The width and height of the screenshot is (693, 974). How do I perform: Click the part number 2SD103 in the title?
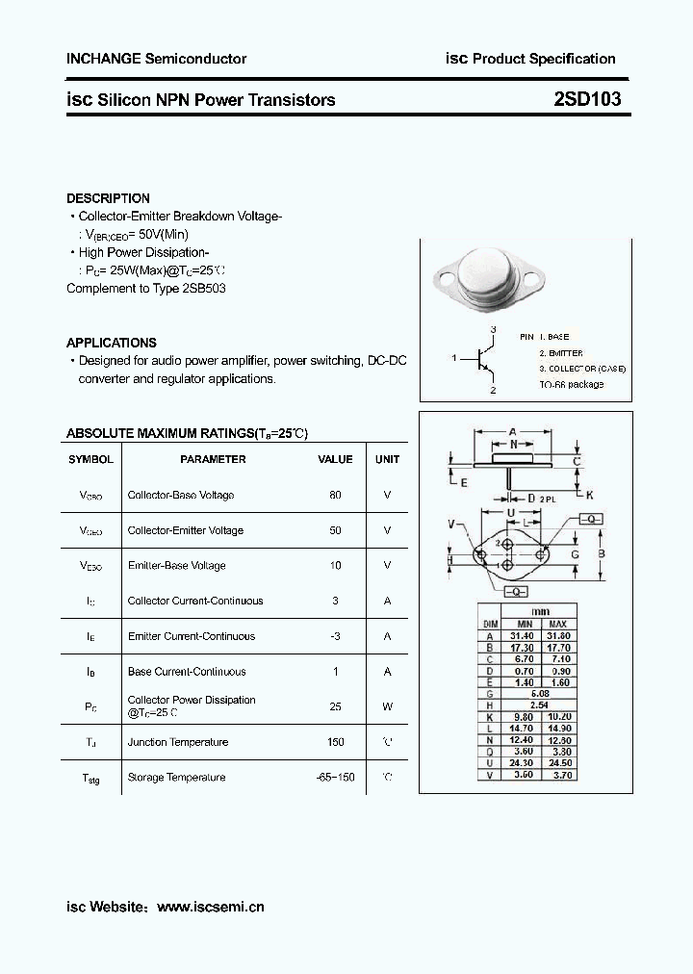587,99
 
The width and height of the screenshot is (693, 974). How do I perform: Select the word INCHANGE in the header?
103,59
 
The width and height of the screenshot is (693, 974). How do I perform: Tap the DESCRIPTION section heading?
108,198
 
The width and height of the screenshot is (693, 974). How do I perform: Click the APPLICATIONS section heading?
111,343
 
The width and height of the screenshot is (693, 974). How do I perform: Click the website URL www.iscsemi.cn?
210,907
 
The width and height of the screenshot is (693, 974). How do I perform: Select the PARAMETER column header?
213,459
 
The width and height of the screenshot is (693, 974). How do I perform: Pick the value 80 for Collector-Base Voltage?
335,495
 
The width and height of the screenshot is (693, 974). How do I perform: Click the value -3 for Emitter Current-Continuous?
335,636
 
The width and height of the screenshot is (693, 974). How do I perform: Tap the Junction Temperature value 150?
335,742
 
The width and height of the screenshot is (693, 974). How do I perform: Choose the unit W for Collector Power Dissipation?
387,706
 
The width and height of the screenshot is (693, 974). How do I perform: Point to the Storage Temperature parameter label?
178,778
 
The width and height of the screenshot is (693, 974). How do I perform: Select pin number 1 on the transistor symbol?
452,358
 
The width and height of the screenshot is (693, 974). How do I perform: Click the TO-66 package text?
571,384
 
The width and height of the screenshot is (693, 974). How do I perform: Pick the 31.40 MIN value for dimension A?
521,636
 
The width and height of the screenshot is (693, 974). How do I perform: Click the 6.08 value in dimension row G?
540,693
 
